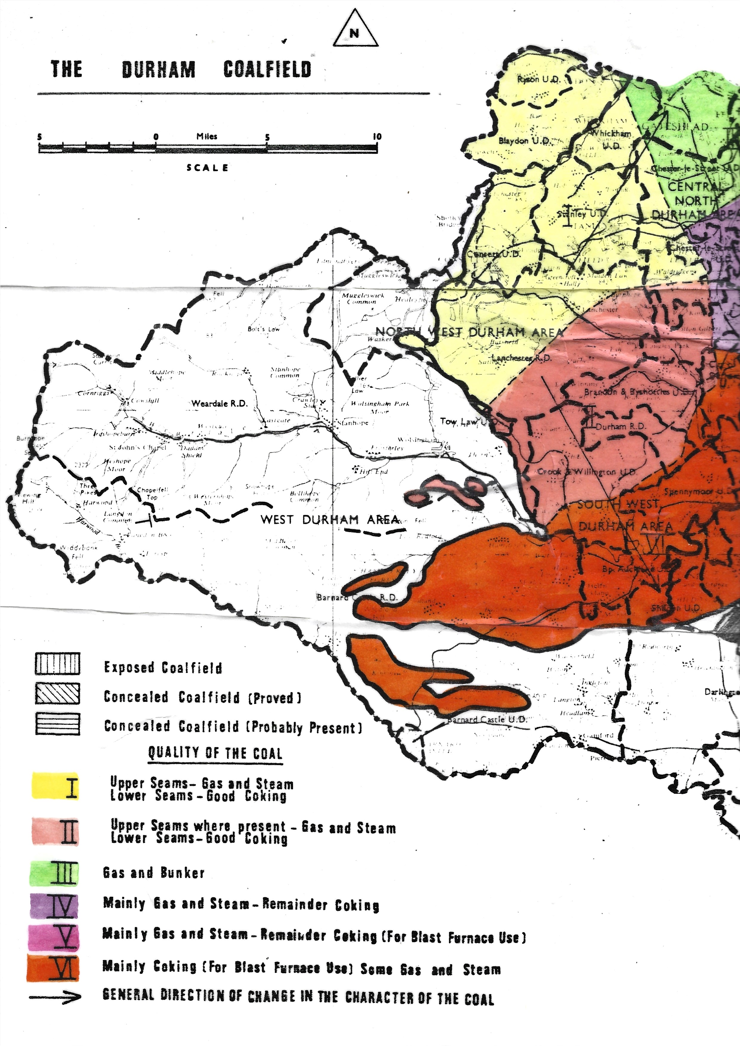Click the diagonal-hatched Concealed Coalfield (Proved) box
pos(58,693)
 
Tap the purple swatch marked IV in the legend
pos(54,906)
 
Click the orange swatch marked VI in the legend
pos(53,967)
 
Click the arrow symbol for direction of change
pos(55,997)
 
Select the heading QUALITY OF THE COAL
pos(215,753)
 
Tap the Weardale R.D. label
pos(219,403)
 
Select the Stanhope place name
pos(353,422)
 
